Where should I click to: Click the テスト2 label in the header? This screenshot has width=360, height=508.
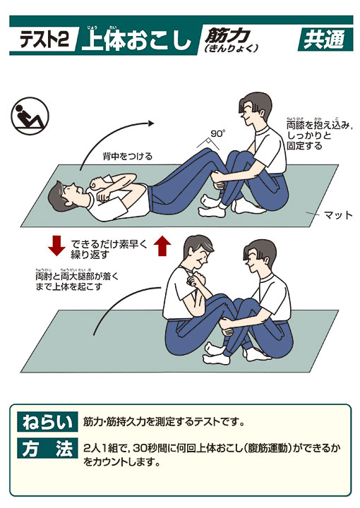tap(44, 40)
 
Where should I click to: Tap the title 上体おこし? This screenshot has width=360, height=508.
tap(136, 40)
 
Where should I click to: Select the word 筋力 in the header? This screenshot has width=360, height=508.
tap(227, 35)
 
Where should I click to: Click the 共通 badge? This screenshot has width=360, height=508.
tap(325, 40)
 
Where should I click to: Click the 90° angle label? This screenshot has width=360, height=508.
tap(217, 133)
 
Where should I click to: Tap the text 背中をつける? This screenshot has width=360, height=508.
tap(127, 157)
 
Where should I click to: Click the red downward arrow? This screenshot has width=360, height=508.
tap(56, 246)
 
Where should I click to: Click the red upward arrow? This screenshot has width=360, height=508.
tap(162, 246)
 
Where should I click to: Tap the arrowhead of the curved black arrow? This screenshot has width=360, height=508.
tap(150, 123)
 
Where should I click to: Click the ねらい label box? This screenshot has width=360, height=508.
tap(47, 421)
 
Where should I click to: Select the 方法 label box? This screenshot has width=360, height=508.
tap(47, 449)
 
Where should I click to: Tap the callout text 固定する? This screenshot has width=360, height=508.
tap(305, 145)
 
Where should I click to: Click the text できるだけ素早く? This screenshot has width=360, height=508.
tap(109, 244)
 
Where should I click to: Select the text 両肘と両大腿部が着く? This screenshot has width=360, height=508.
tap(77, 277)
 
